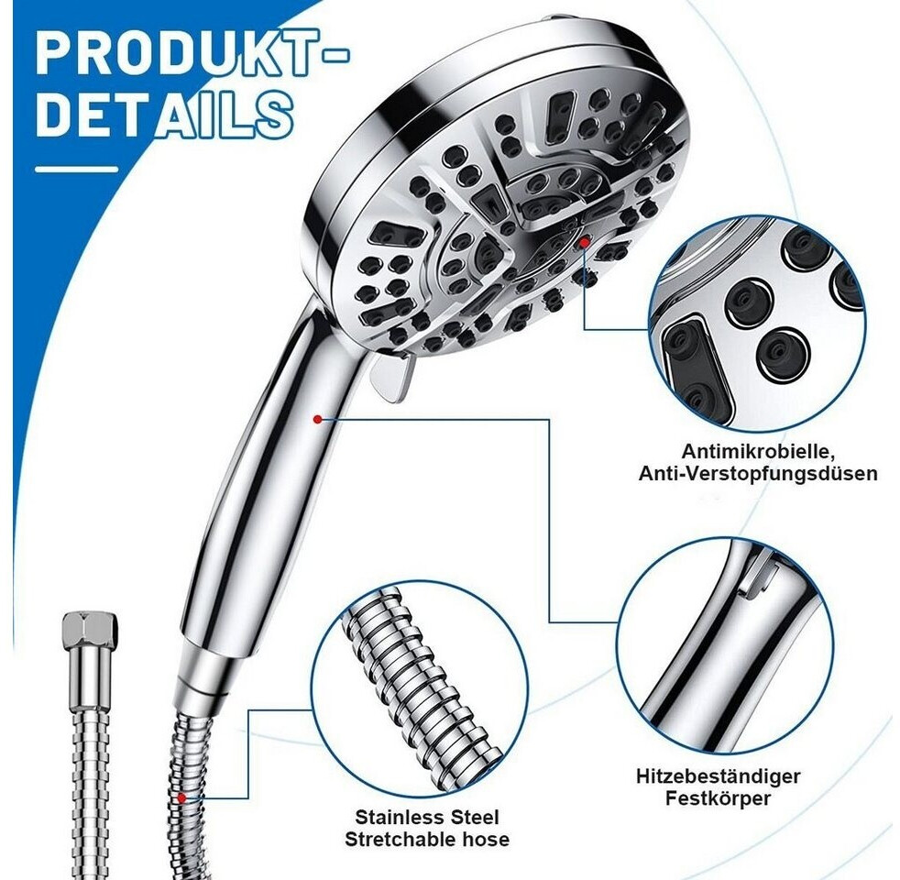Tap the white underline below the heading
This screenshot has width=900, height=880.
click(76, 170)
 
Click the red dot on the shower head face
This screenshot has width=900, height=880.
click(585, 242)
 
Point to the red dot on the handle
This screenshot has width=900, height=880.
click(317, 420)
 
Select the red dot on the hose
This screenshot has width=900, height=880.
click(181, 797)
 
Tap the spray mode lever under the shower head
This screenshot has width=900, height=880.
click(390, 377)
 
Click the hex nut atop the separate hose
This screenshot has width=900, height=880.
click(90, 627)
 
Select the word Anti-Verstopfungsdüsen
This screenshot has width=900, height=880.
click(758, 474)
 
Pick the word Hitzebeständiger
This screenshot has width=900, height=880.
click(718, 776)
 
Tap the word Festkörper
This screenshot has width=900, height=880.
click(718, 798)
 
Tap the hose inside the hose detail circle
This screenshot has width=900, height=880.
click(414, 688)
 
